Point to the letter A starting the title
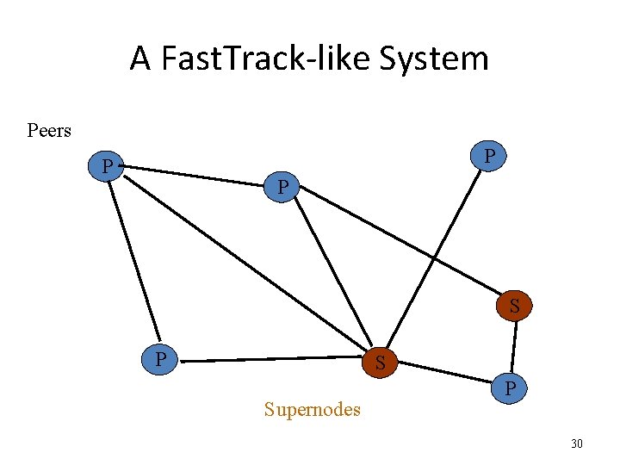[x=139, y=59]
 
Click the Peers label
[x=49, y=131]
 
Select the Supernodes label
[x=312, y=409]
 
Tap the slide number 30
[x=577, y=443]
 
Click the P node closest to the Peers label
[x=108, y=164]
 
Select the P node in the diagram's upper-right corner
[x=488, y=157]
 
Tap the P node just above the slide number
[x=511, y=389]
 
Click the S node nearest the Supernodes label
[x=380, y=363]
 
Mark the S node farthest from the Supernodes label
[x=514, y=306]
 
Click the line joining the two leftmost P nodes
[x=133, y=258]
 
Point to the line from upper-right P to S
[x=435, y=258]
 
